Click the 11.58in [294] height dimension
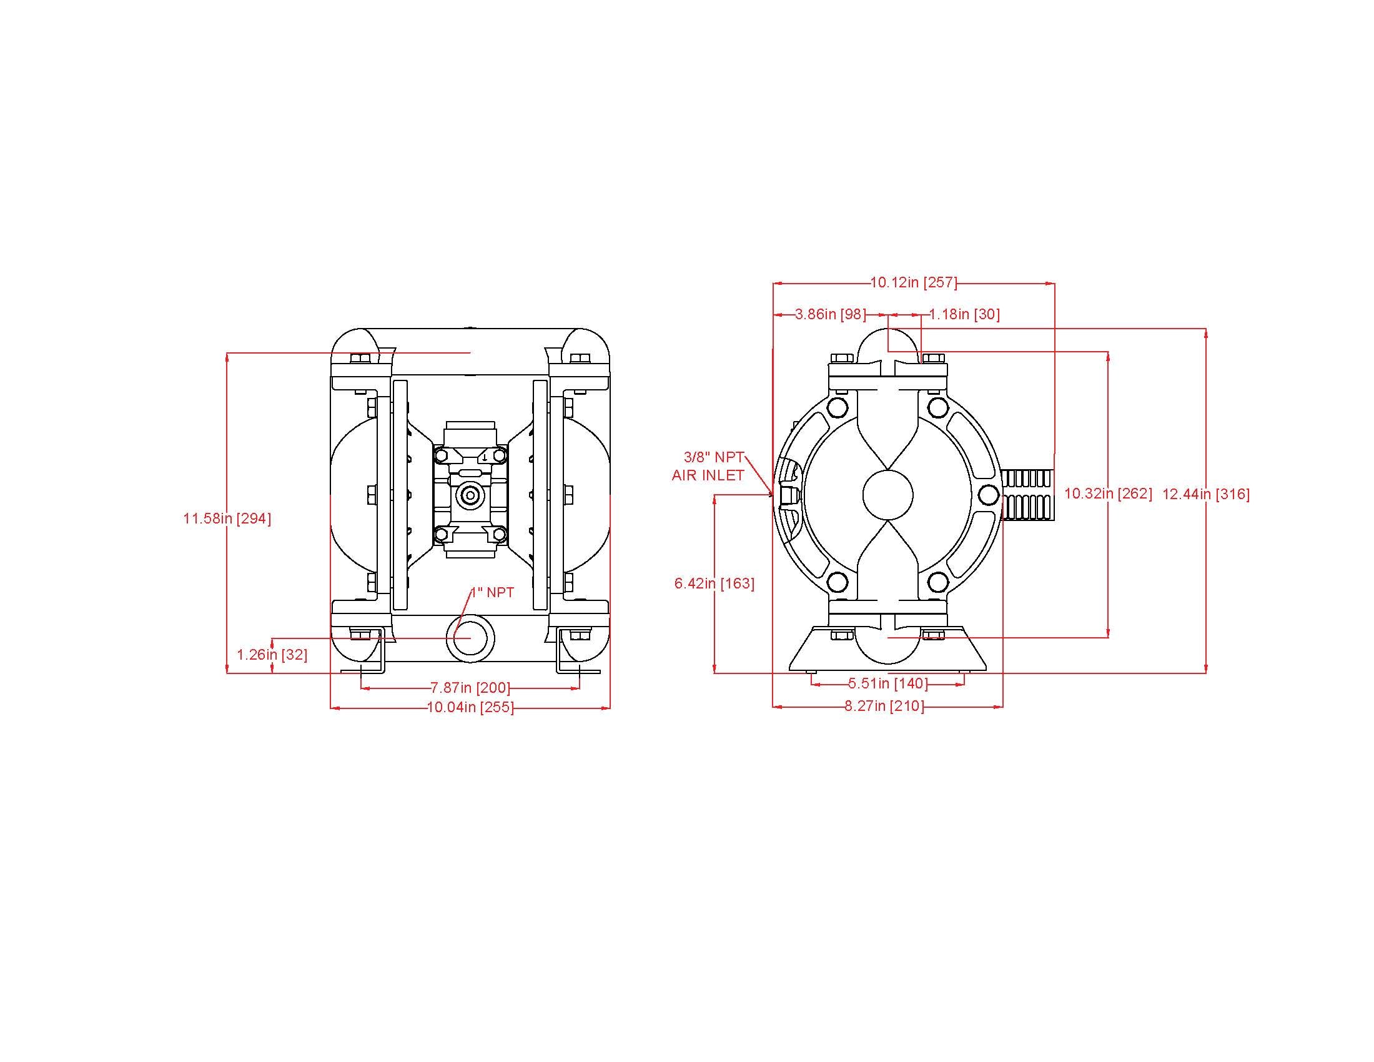(227, 519)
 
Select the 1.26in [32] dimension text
(272, 655)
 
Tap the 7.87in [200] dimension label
(470, 688)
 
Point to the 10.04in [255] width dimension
(470, 708)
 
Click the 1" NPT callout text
(493, 593)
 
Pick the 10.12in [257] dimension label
(914, 282)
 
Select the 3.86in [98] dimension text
(831, 314)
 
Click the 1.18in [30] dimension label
(964, 314)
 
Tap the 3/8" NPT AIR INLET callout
(709, 466)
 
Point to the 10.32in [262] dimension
(1109, 494)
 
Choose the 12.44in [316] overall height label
(1206, 495)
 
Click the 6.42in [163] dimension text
(714, 583)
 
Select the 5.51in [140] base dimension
(888, 683)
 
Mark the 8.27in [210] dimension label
(884, 707)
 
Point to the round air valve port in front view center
(468, 496)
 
